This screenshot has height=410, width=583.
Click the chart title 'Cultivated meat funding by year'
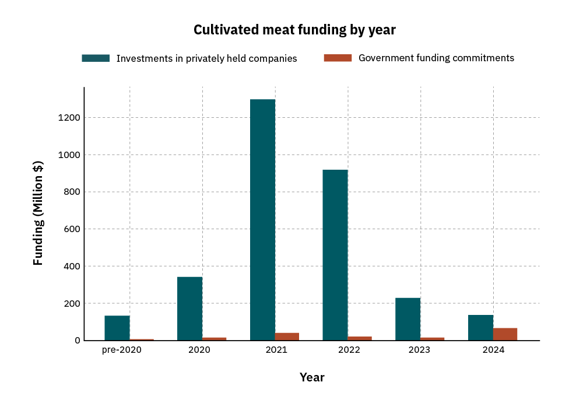294,30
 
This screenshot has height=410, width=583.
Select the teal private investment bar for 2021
262,220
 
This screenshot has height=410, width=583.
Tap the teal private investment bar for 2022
335,255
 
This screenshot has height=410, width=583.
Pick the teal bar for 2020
189,309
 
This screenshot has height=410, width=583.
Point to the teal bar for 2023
408,319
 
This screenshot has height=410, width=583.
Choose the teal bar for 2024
480,328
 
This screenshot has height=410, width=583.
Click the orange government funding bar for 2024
505,334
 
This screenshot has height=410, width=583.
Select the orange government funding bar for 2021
287,337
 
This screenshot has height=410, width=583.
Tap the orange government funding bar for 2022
360,338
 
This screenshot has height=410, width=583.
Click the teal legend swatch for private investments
96,58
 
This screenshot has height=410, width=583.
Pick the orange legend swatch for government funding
338,58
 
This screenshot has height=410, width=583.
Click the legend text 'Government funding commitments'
436,58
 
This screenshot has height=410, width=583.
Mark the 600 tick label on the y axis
71,229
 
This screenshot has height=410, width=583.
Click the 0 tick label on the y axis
76,341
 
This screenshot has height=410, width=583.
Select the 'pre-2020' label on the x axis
121,350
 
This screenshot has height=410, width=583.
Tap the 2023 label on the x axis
419,350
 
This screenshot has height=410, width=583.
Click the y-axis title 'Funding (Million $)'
38,213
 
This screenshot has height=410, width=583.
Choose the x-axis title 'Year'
312,377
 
